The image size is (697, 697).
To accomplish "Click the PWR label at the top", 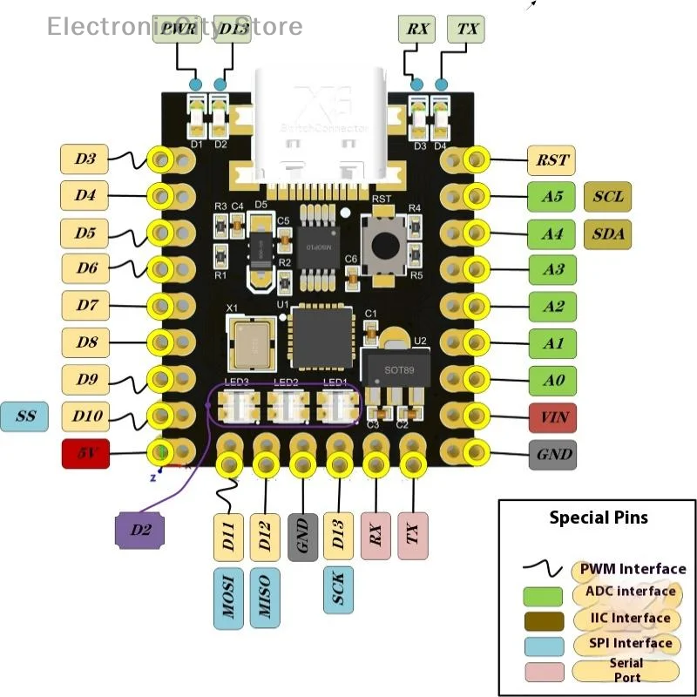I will click(177, 29).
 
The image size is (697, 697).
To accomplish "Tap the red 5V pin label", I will click(85, 454).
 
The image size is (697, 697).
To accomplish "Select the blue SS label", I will click(25, 416).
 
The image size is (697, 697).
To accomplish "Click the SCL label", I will click(607, 197).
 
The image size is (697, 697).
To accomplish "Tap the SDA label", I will click(607, 233).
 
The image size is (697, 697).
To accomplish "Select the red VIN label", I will click(553, 417).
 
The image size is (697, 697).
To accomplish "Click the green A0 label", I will click(553, 380).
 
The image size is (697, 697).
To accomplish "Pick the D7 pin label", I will click(85, 306).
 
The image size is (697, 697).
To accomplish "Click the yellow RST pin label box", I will click(552, 160).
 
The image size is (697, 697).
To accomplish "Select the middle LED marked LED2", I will click(287, 405).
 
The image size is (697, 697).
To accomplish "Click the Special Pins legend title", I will click(598, 518).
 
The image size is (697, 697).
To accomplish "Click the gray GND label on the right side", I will click(553, 454).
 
